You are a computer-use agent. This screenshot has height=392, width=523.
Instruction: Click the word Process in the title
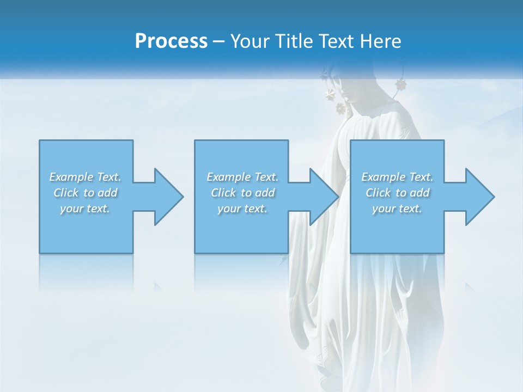pyautogui.click(x=171, y=41)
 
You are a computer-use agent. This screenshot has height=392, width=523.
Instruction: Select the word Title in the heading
pyautogui.click(x=295, y=41)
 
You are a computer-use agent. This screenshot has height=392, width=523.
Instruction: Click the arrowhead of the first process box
pyautogui.click(x=168, y=197)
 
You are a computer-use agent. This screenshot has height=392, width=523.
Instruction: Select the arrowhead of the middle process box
pyautogui.click(x=324, y=197)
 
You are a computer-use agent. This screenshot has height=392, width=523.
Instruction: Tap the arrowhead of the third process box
pyautogui.click(x=479, y=197)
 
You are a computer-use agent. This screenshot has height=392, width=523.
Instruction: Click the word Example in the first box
pyautogui.click(x=71, y=177)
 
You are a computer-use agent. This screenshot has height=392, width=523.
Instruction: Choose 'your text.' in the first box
pyautogui.click(x=85, y=209)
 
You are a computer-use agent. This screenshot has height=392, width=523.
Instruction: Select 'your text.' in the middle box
pyautogui.click(x=242, y=209)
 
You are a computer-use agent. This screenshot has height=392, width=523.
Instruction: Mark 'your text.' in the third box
pyautogui.click(x=397, y=209)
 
